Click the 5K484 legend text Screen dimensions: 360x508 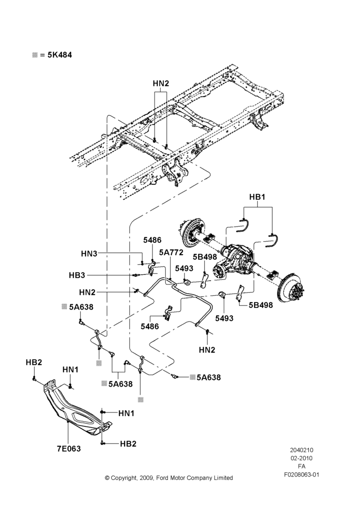pyautogui.click(x=59, y=55)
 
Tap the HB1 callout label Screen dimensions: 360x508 pyautogui.click(x=257, y=197)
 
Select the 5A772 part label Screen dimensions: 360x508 pyautogui.click(x=171, y=252)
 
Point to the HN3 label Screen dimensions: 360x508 pyautogui.click(x=89, y=253)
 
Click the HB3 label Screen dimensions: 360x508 pyautogui.click(x=77, y=275)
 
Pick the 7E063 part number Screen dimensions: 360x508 pyautogui.click(x=69, y=449)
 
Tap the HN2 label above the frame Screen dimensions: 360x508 pyautogui.click(x=161, y=83)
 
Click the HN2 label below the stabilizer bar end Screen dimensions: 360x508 pyautogui.click(x=207, y=350)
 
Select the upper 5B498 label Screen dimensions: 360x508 pyautogui.click(x=204, y=257)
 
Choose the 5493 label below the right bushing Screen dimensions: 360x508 pyautogui.click(x=224, y=319)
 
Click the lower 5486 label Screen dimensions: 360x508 pyautogui.click(x=150, y=326)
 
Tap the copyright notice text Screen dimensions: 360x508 pyautogui.click(x=169, y=478)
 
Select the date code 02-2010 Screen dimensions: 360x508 pyautogui.click(x=302, y=458)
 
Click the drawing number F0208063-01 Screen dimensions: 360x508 pyautogui.click(x=302, y=474)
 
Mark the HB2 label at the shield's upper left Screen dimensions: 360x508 pyautogui.click(x=34, y=362)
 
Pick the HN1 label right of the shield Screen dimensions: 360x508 pyautogui.click(x=126, y=413)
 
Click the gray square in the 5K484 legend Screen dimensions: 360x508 pyautogui.click(x=35, y=55)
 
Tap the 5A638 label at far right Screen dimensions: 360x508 pyautogui.click(x=208, y=377)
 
